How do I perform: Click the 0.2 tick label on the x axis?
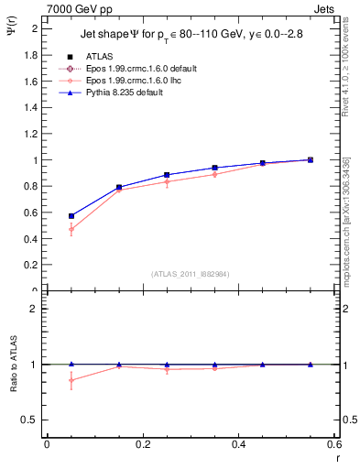(142, 445)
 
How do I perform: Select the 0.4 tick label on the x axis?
(238, 445)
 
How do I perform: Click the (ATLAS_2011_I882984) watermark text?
(190, 273)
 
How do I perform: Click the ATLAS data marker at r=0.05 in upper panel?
(71, 216)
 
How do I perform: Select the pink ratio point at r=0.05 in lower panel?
(71, 380)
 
